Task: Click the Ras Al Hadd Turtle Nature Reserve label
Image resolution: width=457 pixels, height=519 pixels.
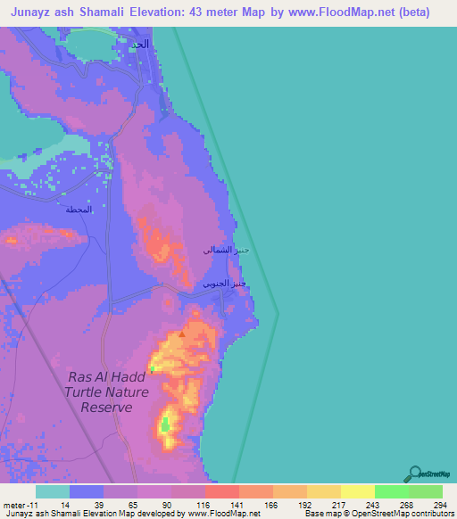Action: tap(101, 391)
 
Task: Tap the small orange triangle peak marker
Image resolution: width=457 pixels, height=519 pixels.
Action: tap(182, 334)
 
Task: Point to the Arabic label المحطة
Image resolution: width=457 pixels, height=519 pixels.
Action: tap(79, 210)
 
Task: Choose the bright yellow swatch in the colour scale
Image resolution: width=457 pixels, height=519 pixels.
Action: tap(357, 491)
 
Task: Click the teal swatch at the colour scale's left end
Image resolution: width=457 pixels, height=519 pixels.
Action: tap(53, 491)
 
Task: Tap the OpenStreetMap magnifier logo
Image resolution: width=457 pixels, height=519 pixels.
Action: tap(413, 474)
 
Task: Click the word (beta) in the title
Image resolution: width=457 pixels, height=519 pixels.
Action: tap(412, 12)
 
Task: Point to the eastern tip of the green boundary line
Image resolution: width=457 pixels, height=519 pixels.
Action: tap(278, 313)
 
